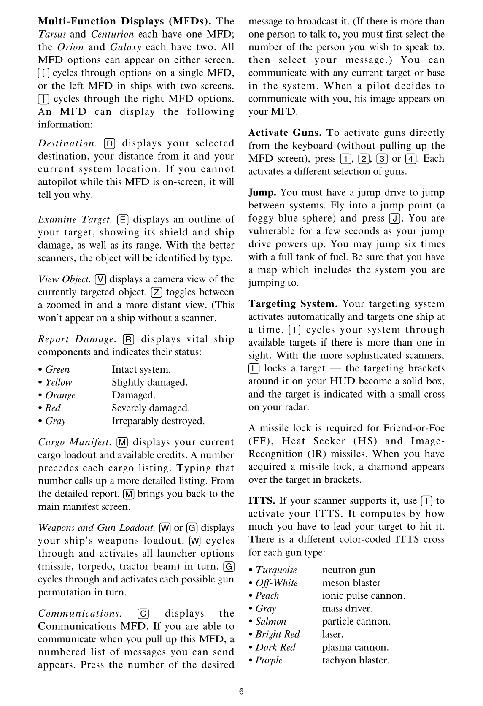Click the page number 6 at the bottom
(x=241, y=691)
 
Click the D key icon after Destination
(x=109, y=143)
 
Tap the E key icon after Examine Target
(x=122, y=220)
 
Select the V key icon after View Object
(x=101, y=279)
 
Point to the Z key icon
(x=156, y=292)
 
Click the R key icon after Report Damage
(x=128, y=340)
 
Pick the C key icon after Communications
(x=143, y=614)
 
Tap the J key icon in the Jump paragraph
(x=395, y=219)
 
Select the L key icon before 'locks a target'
(x=254, y=368)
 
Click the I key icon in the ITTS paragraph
(x=426, y=501)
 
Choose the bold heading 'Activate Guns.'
(x=285, y=133)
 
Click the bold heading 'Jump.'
(x=262, y=193)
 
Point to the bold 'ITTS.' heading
(x=262, y=501)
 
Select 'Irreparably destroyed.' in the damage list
(x=158, y=421)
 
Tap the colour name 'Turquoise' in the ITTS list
(x=276, y=570)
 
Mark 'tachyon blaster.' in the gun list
(x=356, y=660)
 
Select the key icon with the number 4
(x=409, y=159)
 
